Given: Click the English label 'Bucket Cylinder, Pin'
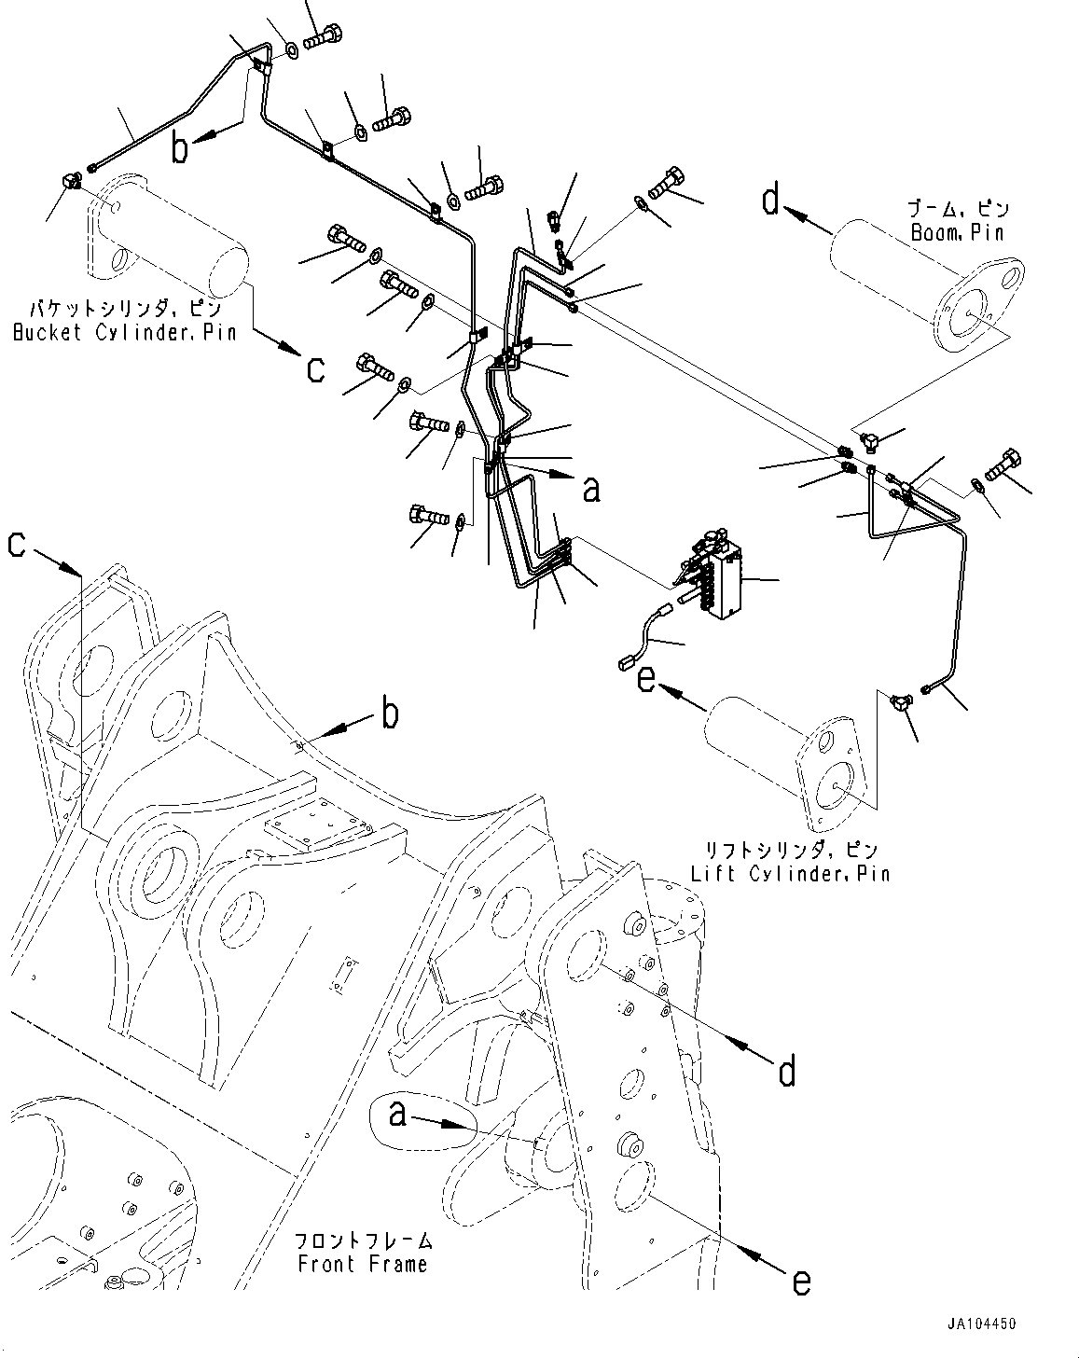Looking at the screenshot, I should pyautogui.click(x=124, y=332).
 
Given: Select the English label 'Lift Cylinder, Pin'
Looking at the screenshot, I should pyautogui.click(x=790, y=874).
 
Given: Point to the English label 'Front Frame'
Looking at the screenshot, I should pyautogui.click(x=363, y=1264).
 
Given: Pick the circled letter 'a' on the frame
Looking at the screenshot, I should pyautogui.click(x=398, y=1113).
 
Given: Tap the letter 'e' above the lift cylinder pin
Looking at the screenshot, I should pyautogui.click(x=645, y=679).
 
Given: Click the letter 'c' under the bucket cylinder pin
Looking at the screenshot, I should pyautogui.click(x=315, y=369).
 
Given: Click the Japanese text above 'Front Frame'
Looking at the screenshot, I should pyautogui.click(x=363, y=1241).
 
